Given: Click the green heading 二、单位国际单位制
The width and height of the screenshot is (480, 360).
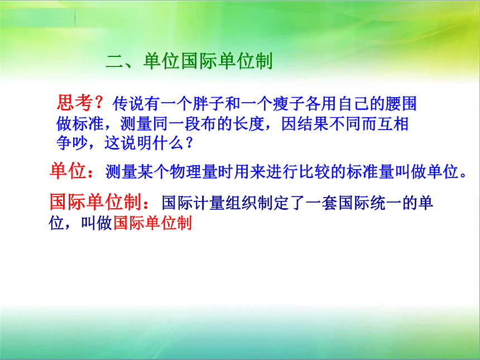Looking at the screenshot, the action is (x=189, y=61).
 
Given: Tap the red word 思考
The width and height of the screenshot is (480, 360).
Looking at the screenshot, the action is (x=75, y=103).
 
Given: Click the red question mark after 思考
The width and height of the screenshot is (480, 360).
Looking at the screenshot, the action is (x=99, y=103).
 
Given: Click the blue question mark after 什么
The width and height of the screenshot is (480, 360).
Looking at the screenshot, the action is (x=190, y=143).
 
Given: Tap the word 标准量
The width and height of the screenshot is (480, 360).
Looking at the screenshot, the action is (x=371, y=171).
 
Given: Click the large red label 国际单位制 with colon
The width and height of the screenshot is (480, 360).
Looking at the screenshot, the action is (x=100, y=202).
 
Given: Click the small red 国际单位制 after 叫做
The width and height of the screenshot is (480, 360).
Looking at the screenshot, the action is (x=152, y=223).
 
